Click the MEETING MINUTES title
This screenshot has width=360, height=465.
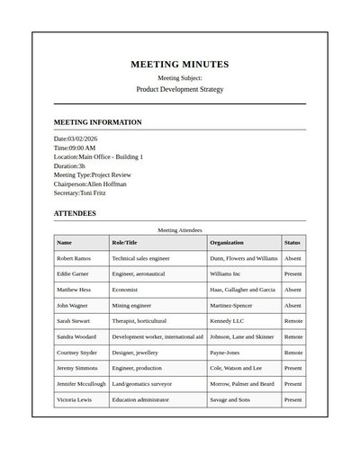click(x=179, y=65)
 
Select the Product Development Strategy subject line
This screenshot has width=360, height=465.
click(x=179, y=90)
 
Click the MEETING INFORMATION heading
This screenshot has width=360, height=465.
click(x=97, y=122)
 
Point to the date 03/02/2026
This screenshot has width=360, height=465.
click(x=76, y=139)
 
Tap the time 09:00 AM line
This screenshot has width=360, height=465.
click(x=75, y=148)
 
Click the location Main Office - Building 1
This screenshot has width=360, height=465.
click(x=98, y=157)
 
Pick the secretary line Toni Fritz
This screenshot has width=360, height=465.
click(x=79, y=192)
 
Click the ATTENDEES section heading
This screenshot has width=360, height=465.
click(x=75, y=214)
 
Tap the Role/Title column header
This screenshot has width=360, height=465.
click(x=124, y=243)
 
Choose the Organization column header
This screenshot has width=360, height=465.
click(x=227, y=243)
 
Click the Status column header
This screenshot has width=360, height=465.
click(x=292, y=243)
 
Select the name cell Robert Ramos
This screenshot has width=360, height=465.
click(x=74, y=258)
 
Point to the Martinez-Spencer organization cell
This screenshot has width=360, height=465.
click(x=231, y=305)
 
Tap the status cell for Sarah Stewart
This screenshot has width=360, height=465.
click(x=293, y=321)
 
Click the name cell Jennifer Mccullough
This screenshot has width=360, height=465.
click(x=81, y=384)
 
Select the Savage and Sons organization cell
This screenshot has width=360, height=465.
click(x=229, y=399)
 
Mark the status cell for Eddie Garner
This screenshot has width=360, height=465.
click(x=293, y=273)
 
